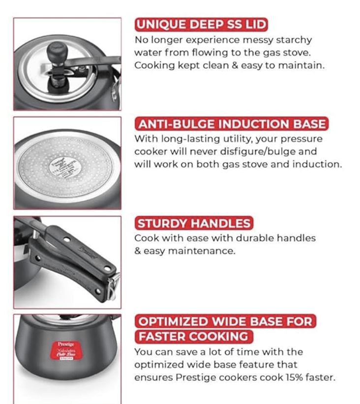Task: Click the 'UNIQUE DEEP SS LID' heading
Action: [201, 25]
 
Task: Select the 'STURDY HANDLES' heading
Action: [193, 224]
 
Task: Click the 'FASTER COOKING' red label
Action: [193, 337]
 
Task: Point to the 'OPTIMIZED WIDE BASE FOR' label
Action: [225, 322]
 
